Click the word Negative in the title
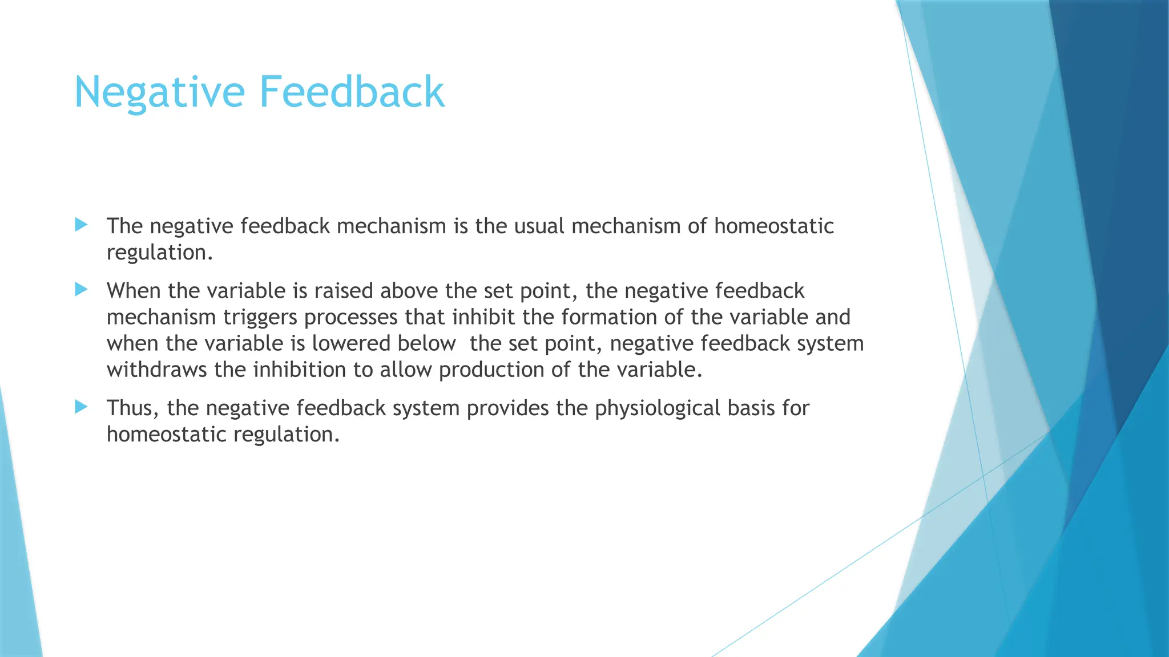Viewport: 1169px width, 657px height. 159,92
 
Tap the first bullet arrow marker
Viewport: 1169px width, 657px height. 81,225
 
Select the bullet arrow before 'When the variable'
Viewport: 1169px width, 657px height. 81,290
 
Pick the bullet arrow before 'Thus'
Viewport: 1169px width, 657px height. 81,407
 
